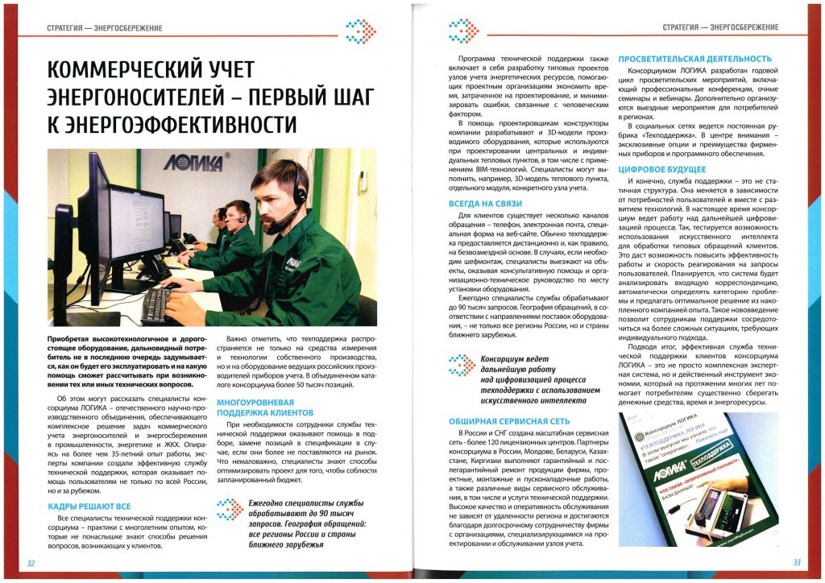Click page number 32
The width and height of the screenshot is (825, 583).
[31, 562]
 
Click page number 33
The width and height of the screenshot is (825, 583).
[796, 562]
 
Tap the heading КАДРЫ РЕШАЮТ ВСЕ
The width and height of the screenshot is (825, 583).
[84, 506]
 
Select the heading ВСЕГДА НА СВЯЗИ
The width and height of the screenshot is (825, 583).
[490, 204]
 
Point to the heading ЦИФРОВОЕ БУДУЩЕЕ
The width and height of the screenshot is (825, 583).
[661, 170]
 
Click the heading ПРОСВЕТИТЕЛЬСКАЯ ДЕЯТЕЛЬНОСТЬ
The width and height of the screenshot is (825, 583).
[694, 59]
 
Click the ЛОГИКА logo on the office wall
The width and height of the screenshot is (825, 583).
[195, 162]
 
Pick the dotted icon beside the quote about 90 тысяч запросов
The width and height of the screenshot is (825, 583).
[229, 509]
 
